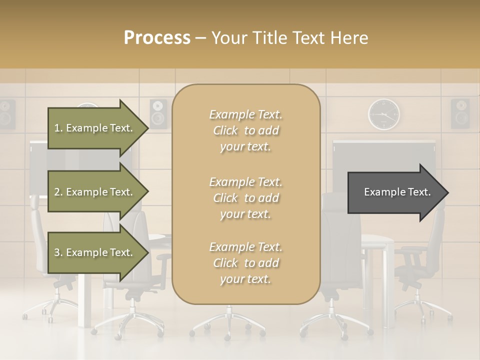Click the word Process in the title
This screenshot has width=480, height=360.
coord(157,38)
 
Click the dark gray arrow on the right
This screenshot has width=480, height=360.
coord(395,192)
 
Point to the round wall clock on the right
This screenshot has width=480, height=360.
coord(384,114)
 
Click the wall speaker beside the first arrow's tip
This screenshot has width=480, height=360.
coord(158,113)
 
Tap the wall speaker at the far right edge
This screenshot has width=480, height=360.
coord(460,113)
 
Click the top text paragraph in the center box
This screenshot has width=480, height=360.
coord(246,130)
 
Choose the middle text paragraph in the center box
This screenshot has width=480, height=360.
coord(246,198)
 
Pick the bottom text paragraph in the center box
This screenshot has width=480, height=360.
coord(246,263)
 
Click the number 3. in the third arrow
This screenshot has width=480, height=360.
coord(58,252)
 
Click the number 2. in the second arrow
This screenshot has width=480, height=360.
coord(58,192)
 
